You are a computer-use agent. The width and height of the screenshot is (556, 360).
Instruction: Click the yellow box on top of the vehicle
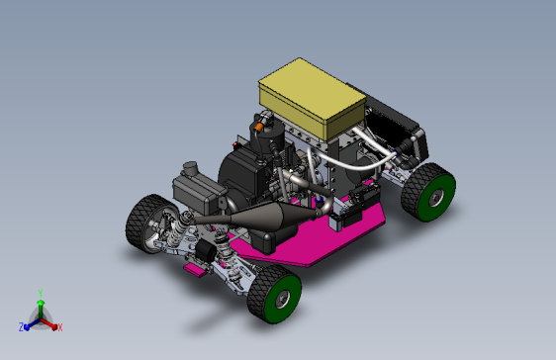(312, 98)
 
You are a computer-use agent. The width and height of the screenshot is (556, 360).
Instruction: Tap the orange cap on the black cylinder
(258, 126)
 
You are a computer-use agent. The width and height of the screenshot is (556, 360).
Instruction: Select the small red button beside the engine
(234, 144)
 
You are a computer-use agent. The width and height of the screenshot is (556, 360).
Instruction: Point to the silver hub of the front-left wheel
(155, 226)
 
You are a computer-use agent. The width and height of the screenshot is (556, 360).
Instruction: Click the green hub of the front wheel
(282, 299)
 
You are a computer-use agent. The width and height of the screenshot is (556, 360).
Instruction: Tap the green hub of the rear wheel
(436, 197)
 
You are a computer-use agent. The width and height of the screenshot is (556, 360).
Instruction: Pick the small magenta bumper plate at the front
(195, 270)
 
